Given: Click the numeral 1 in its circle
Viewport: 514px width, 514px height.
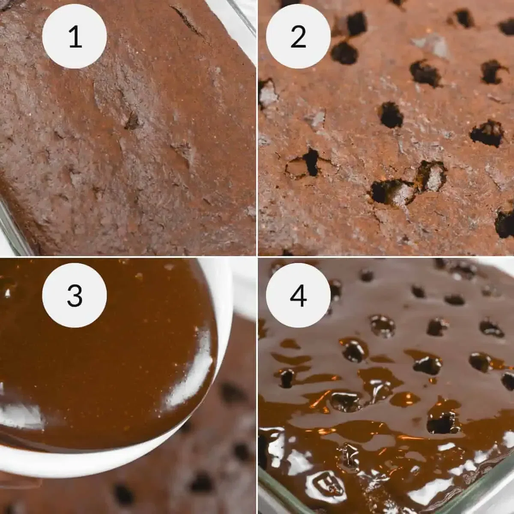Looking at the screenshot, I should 75,36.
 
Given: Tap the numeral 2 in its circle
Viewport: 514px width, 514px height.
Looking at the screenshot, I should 298,36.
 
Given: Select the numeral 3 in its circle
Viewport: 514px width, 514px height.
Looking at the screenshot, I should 75,296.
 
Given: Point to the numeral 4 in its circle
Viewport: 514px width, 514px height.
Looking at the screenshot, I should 298,296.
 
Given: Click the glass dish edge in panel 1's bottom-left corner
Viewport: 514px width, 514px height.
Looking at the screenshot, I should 11,227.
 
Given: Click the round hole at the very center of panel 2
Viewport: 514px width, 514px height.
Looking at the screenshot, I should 391,115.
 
